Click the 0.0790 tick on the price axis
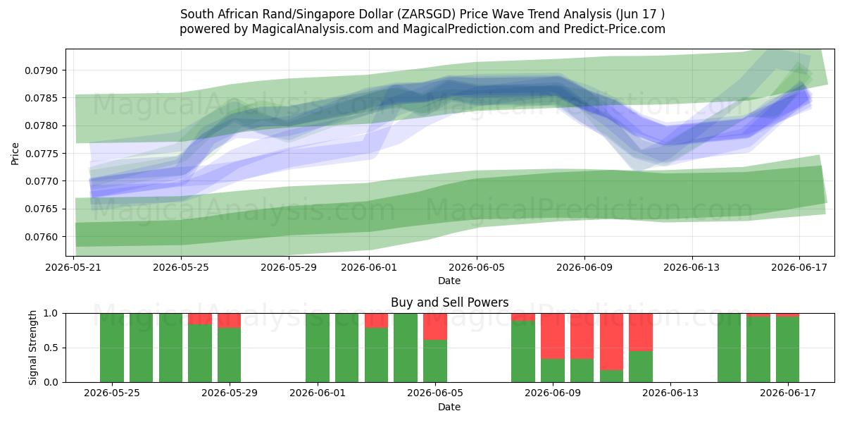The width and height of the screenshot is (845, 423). tap(41, 70)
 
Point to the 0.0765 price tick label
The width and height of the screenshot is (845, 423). tap(41, 209)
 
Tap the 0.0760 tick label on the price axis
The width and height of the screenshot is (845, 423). tap(41, 237)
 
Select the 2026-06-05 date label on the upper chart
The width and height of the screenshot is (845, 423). tap(477, 267)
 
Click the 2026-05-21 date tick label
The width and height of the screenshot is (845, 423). tap(73, 267)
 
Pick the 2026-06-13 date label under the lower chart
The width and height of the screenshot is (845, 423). tap(670, 393)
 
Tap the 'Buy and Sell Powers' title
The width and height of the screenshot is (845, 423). tap(450, 302)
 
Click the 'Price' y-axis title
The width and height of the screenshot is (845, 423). tap(15, 154)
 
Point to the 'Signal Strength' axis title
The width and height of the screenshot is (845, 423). tap(33, 348)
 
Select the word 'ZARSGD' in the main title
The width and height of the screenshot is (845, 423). tap(425, 14)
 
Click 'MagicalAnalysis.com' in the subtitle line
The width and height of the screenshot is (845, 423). tap(313, 29)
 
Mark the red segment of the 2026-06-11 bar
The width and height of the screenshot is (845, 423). tap(611, 342)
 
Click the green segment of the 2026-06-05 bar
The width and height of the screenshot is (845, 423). tap(435, 361)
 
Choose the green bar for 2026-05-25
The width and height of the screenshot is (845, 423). tap(112, 348)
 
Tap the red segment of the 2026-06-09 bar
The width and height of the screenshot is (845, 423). tap(553, 336)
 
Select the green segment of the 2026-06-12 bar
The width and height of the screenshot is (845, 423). tap(641, 367)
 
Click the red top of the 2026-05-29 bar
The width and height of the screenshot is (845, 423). tap(229, 321)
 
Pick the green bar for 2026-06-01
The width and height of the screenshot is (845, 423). tap(318, 348)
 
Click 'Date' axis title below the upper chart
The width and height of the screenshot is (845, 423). tap(449, 281)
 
